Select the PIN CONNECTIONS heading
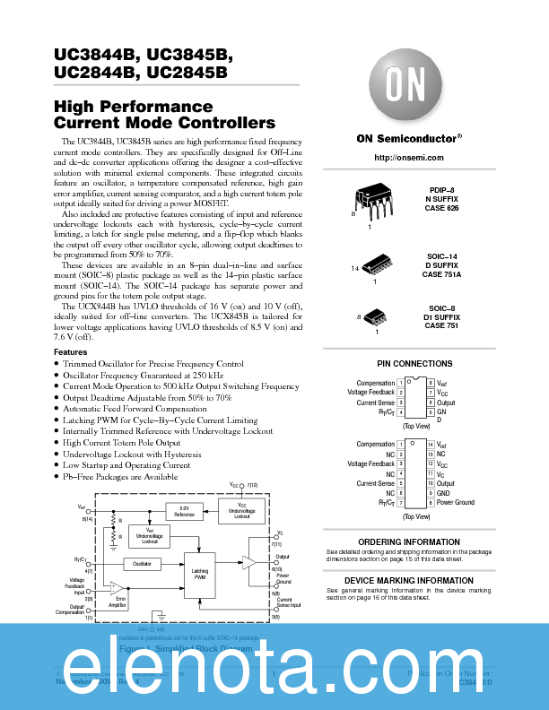click(x=414, y=364)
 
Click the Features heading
click(x=71, y=352)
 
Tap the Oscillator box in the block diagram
click(x=142, y=564)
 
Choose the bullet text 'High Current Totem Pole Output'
click(x=122, y=443)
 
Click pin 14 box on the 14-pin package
click(x=430, y=445)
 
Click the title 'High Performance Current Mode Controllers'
click(x=165, y=115)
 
